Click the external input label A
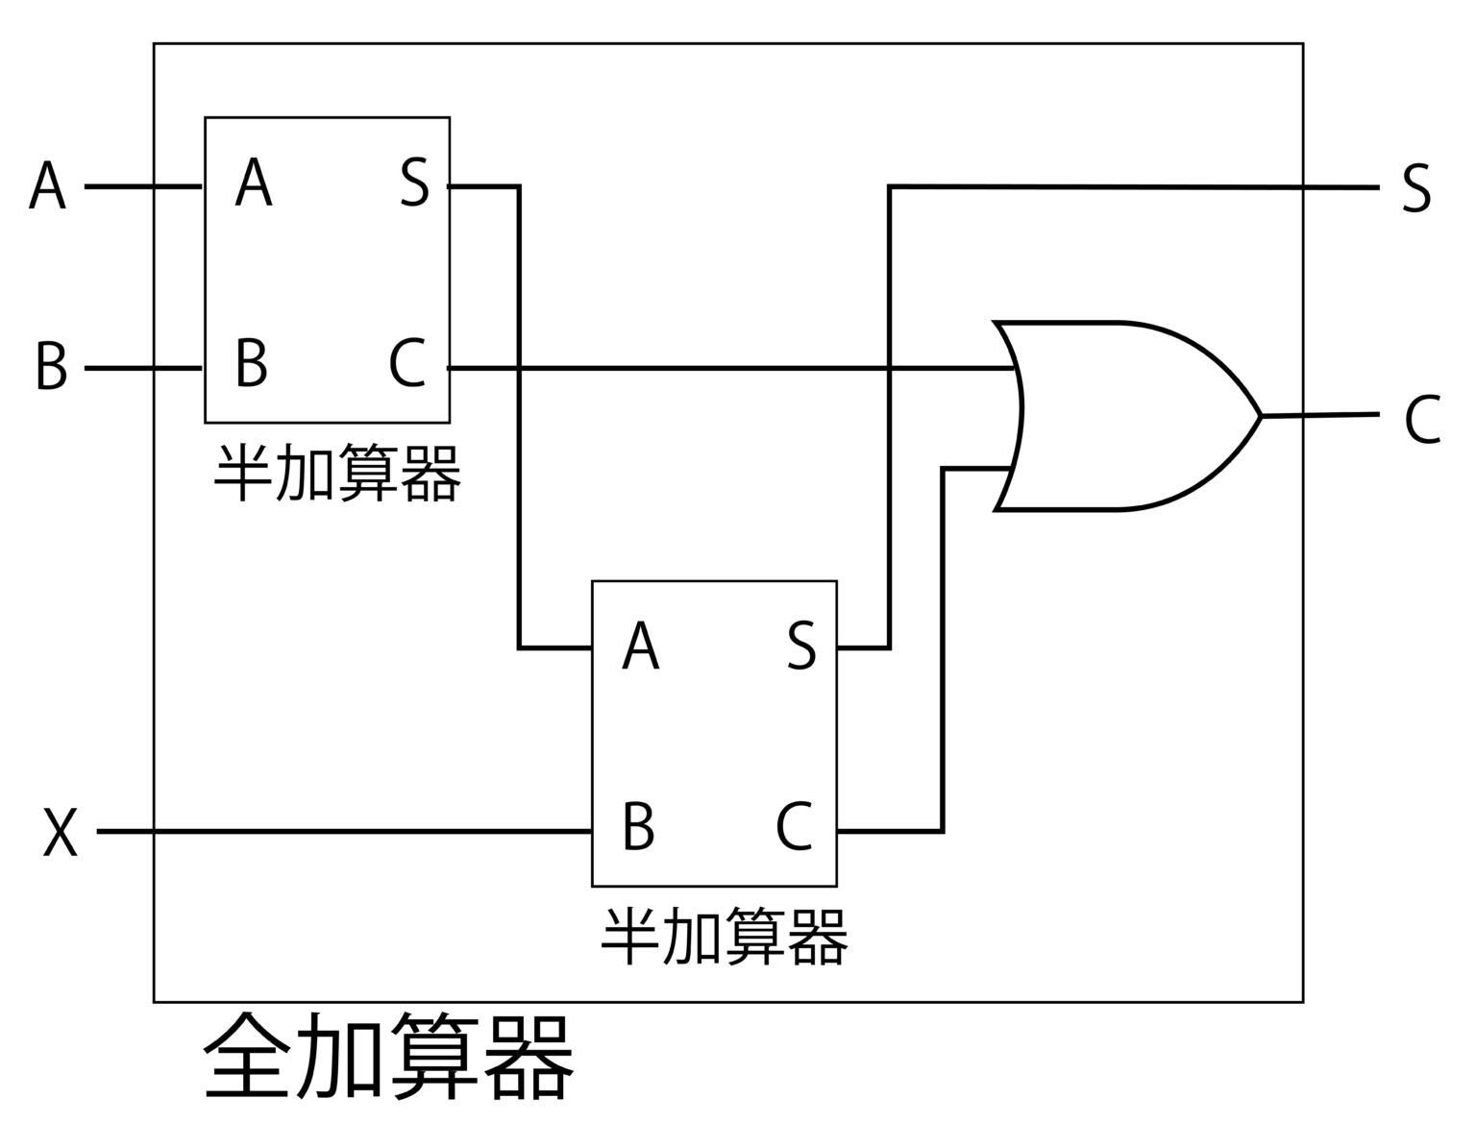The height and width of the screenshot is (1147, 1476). pyautogui.click(x=47, y=186)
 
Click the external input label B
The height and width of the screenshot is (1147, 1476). pyautogui.click(x=51, y=367)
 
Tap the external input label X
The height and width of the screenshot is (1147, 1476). pyautogui.click(x=60, y=832)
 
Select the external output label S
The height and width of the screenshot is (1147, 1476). pyautogui.click(x=1415, y=188)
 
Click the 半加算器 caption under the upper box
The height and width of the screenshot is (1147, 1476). pyautogui.click(x=336, y=473)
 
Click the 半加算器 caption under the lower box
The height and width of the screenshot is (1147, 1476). pyautogui.click(x=724, y=937)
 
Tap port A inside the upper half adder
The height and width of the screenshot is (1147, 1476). pyautogui.click(x=254, y=184)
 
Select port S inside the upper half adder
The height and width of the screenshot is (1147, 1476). pyautogui.click(x=414, y=184)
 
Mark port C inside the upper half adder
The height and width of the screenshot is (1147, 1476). pyautogui.click(x=407, y=364)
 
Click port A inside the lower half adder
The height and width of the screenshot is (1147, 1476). pyautogui.click(x=641, y=647)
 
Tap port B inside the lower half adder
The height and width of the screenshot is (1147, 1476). pyautogui.click(x=638, y=826)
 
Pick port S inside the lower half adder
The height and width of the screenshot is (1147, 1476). pyautogui.click(x=801, y=647)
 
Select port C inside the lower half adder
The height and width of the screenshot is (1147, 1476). pyautogui.click(x=794, y=826)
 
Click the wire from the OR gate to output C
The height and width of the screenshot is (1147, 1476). pyautogui.click(x=1321, y=415)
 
